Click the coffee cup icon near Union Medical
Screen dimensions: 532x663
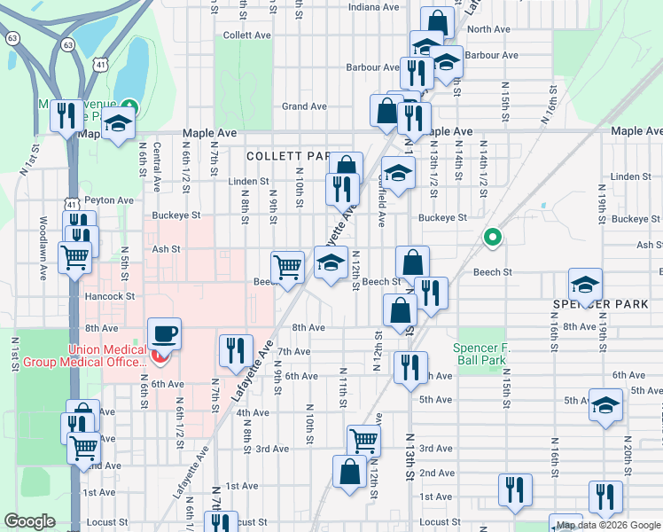pos(164,334)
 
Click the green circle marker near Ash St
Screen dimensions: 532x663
pos(492,238)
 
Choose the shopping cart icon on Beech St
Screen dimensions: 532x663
pos(287,265)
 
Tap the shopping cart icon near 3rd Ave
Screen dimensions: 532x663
pos(363,439)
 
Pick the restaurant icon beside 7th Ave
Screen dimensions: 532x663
pos(235,349)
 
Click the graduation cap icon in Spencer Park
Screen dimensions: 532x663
pos(585,285)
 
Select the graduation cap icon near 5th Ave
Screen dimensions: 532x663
pos(606,404)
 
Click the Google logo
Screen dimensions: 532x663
pos(30,521)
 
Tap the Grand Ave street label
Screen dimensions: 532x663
pos(304,106)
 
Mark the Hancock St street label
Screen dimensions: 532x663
pos(109,296)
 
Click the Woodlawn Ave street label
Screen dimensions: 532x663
pos(43,248)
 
